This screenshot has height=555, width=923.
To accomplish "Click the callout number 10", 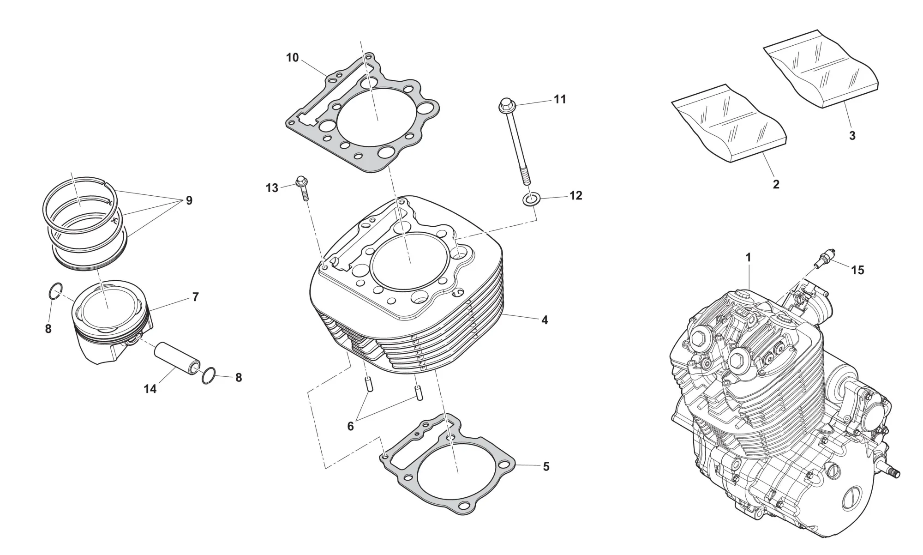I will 293,58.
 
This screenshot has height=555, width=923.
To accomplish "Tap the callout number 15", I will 857,270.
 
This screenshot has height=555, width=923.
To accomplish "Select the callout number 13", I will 272,188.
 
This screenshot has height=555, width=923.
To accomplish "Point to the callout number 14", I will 150,389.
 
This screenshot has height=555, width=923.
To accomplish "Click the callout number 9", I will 189,200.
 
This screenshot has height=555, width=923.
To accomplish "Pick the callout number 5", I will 546,467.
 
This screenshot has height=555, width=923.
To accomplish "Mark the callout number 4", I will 545,320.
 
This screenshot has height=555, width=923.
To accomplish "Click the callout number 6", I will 350,427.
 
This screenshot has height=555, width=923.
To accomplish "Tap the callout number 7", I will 195,297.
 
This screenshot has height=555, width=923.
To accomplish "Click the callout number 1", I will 748,258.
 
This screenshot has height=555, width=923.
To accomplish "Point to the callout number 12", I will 575,196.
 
